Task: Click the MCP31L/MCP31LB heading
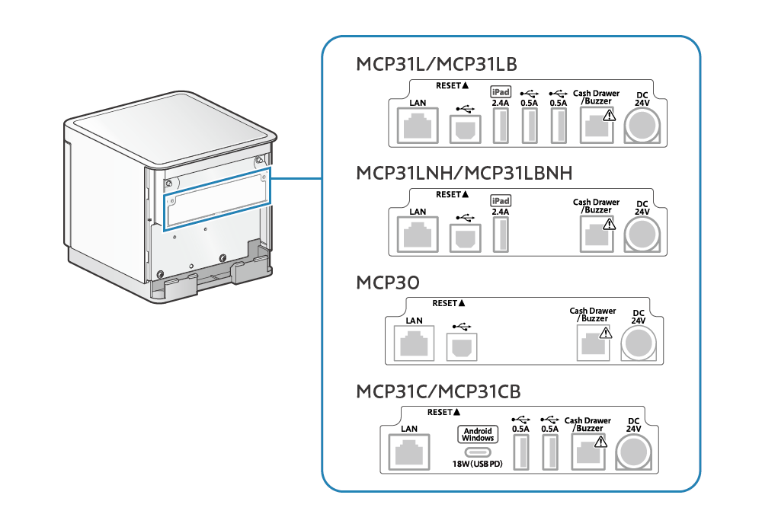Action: coord(437,63)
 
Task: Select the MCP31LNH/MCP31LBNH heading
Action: coord(464,173)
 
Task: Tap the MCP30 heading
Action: coord(387,283)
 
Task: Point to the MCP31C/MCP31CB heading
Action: coord(438,391)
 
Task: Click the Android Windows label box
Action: coord(478,434)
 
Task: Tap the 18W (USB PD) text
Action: coord(478,464)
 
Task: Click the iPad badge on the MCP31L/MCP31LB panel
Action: coord(500,91)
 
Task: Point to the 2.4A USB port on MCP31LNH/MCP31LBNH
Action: coord(501,235)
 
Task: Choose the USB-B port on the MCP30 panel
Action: coord(461,346)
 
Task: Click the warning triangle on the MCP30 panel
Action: coord(606,333)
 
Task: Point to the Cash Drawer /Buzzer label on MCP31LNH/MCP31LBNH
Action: coord(596,206)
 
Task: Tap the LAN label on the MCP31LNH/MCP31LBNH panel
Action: coord(418,212)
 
